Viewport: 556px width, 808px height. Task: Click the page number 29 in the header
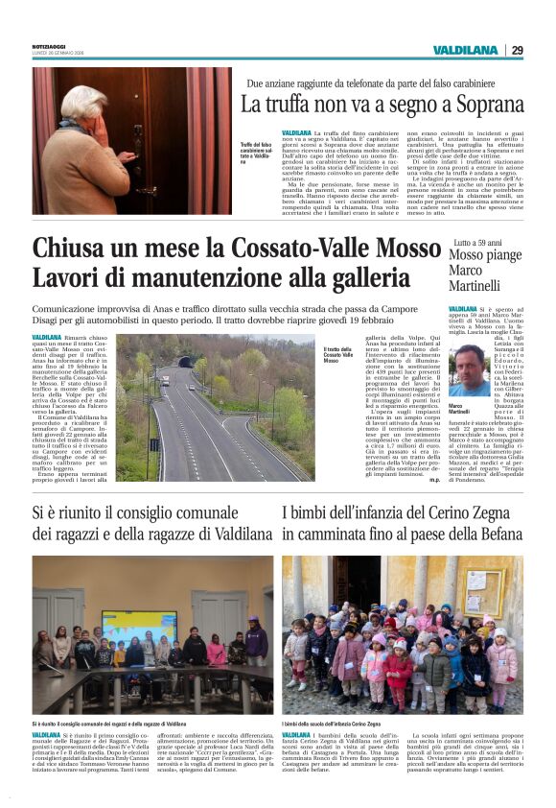[x=517, y=50]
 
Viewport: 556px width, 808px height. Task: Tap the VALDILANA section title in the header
[x=465, y=50]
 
